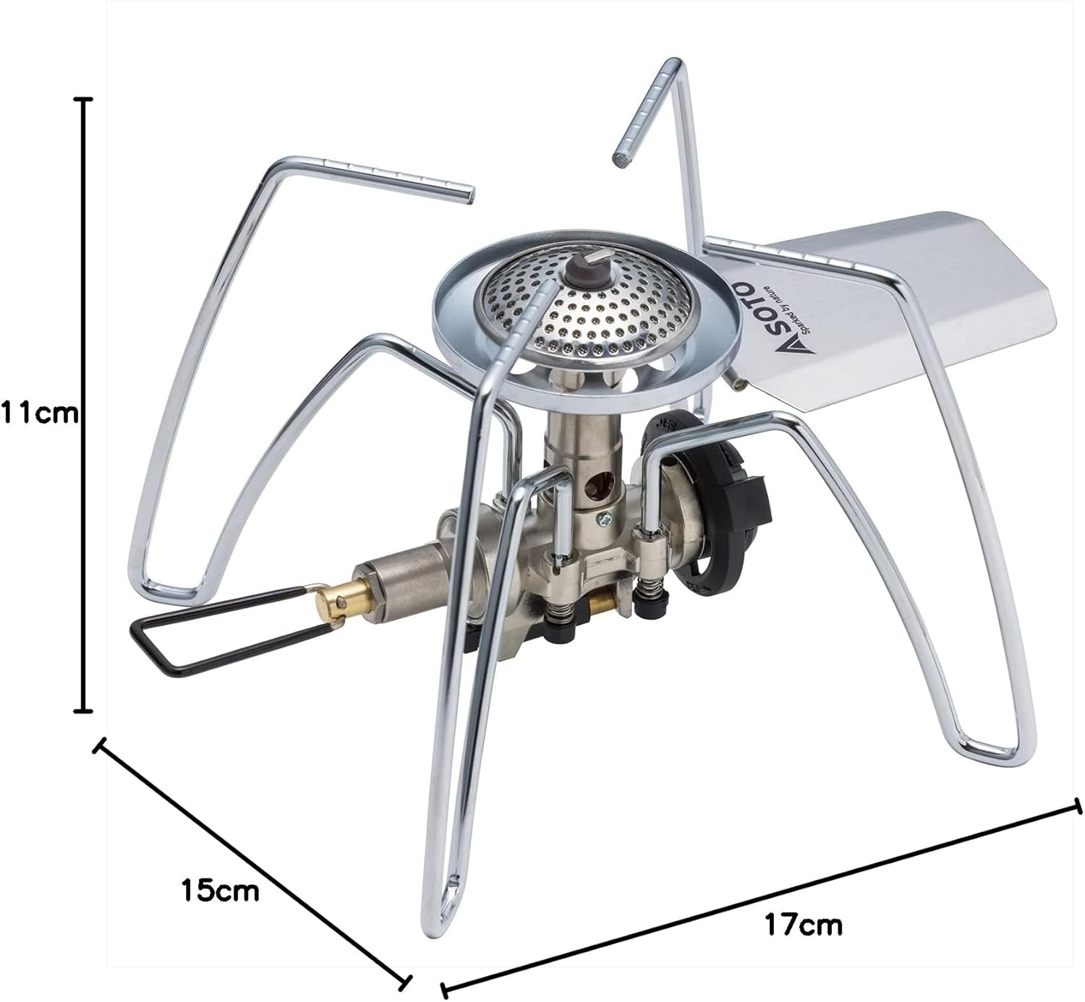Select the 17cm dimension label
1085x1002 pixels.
coord(803,925)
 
